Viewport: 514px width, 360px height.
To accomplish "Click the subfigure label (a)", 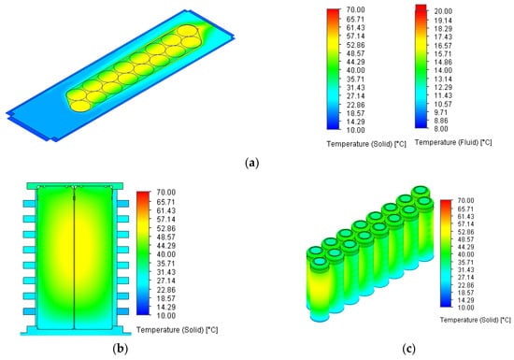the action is (251, 163).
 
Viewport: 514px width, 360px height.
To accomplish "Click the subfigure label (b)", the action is (120, 348).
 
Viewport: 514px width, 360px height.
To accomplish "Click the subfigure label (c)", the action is (408, 349).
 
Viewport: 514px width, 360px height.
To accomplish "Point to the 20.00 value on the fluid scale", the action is (443, 11).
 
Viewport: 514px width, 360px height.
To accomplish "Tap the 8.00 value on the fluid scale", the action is (441, 129).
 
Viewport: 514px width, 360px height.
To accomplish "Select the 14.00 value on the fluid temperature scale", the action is (443, 70).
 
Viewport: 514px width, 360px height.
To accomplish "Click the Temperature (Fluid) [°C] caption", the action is (453, 142).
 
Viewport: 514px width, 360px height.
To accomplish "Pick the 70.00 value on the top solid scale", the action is (356, 10).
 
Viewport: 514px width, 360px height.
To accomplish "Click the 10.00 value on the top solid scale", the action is (356, 130).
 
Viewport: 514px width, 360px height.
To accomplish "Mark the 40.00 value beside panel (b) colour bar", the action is (166, 254).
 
